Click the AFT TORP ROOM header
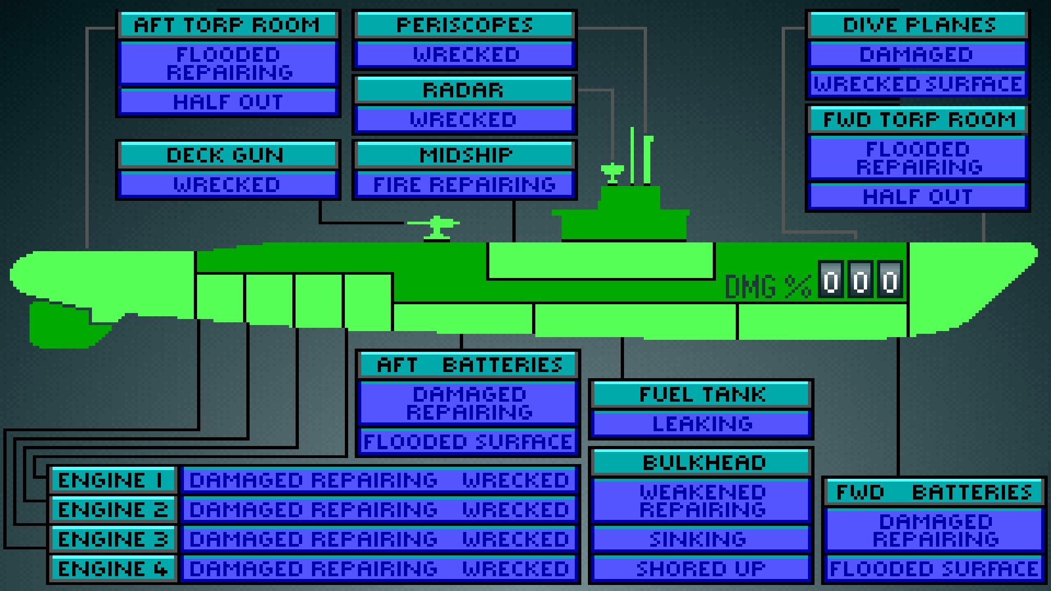click(x=228, y=25)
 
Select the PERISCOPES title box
click(x=464, y=25)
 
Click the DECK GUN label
click(x=227, y=155)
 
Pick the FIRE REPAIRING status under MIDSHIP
click(x=464, y=185)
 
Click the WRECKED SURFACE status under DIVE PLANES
click(x=918, y=84)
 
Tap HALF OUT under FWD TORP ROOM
click(x=918, y=197)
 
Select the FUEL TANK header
click(x=702, y=395)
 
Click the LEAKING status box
click(x=702, y=424)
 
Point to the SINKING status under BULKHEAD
click(x=700, y=540)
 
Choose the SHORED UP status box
click(x=700, y=569)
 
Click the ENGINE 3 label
click(x=113, y=540)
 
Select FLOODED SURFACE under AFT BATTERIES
click(x=468, y=442)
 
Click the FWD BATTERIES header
click(x=934, y=493)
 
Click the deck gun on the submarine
click(x=436, y=227)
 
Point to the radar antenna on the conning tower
click(x=612, y=172)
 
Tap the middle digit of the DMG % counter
click(x=860, y=280)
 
